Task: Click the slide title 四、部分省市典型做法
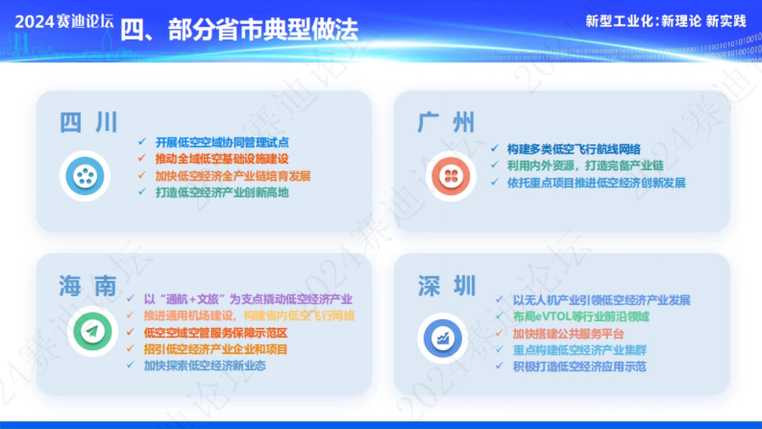[x=239, y=29]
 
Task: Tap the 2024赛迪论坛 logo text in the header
[x=64, y=21]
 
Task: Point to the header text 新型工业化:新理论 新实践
[x=665, y=21]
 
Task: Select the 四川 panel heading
[x=89, y=122]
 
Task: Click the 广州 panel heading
[x=446, y=122]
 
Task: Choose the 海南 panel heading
[x=88, y=286]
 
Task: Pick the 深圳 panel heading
[x=446, y=286]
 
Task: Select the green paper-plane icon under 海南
[x=93, y=331]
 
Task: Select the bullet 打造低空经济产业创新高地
[x=222, y=192]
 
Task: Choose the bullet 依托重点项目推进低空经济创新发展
[x=596, y=182]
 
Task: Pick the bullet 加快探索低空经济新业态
[x=204, y=365]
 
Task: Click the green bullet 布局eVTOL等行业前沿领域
[x=580, y=317]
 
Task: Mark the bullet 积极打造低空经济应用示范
[x=579, y=366]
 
